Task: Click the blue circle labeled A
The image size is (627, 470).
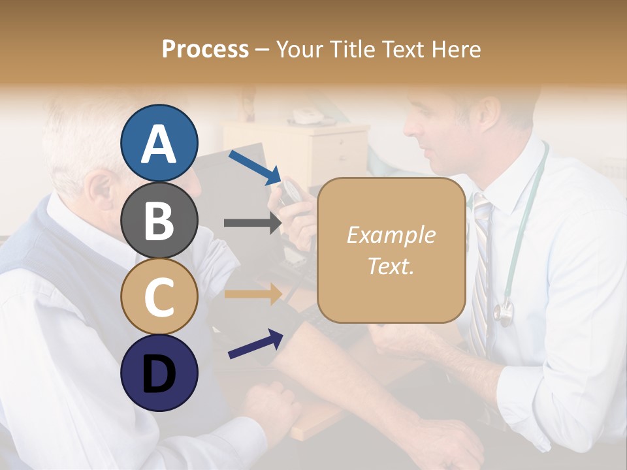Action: coord(159,143)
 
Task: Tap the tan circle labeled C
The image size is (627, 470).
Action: coord(159,296)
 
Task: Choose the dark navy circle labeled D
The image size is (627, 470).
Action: coord(159,373)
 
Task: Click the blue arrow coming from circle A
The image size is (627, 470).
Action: coord(255,167)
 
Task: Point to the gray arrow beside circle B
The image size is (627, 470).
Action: coord(252,223)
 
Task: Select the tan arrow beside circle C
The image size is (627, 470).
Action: coord(252,294)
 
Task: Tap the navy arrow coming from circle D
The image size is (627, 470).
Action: coord(255,344)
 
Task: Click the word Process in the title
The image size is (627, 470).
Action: coord(205,49)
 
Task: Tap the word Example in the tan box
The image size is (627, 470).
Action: coord(391,235)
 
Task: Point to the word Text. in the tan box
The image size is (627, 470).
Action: coord(391,266)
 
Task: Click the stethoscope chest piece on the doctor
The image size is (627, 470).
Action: coord(503,314)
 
